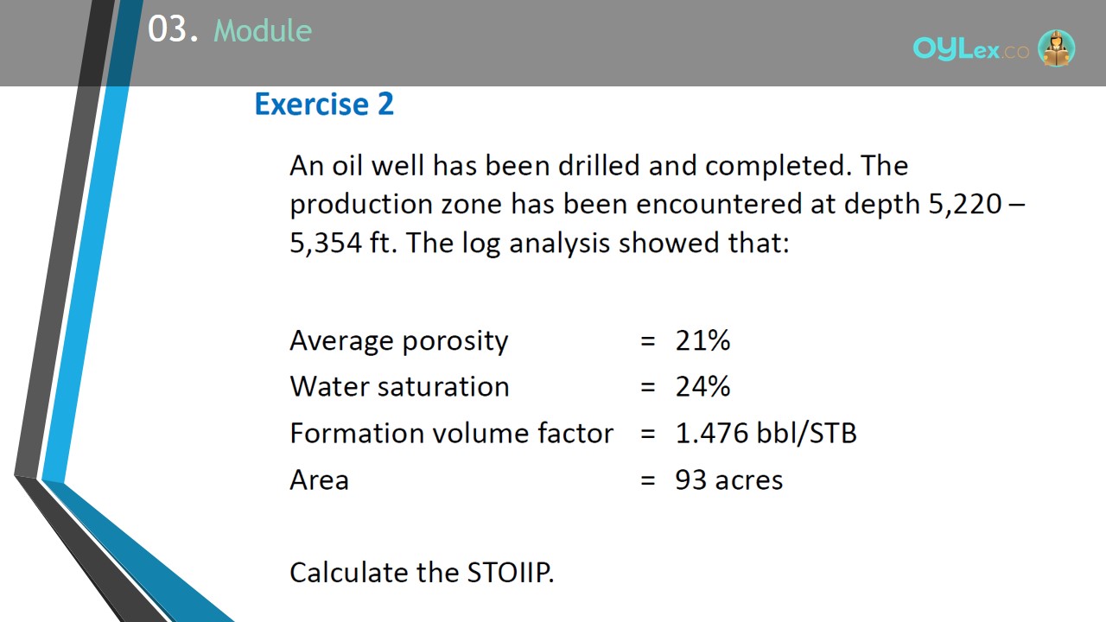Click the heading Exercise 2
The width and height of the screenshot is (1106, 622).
pos(324,105)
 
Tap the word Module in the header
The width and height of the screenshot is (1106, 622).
pos(263,30)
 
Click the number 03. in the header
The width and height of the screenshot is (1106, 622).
pos(173,29)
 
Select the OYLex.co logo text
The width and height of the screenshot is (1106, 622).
pos(970,48)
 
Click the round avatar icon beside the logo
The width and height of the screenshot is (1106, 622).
pos(1056,48)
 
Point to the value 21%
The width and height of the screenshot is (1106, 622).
pos(702,340)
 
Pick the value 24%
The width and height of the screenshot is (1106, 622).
pos(702,386)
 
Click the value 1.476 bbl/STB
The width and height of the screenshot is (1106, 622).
pos(766,434)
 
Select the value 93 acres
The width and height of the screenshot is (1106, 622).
pos(728,479)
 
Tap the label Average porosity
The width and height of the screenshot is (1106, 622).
pos(399,341)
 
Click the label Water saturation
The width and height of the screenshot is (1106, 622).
pos(399,386)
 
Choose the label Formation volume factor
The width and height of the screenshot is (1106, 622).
pos(451,433)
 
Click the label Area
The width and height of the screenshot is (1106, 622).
pos(320,479)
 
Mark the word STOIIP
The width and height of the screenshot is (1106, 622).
pos(511,573)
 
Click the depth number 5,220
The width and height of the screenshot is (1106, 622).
pos(965,205)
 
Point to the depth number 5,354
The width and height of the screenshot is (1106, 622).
pos(326,244)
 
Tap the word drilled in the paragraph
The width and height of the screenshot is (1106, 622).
pos(599,165)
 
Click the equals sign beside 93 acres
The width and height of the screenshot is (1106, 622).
pos(648,480)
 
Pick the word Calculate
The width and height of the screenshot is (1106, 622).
pos(348,573)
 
